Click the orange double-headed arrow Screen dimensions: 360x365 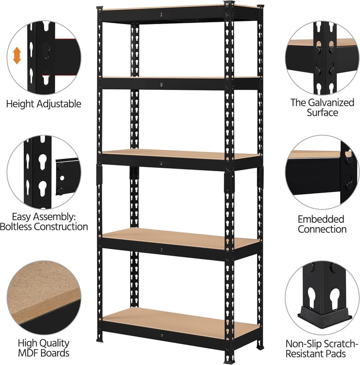tap(17, 55)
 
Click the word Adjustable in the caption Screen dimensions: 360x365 tap(59, 104)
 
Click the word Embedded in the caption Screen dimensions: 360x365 tap(321, 219)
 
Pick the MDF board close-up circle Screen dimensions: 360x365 tap(44, 297)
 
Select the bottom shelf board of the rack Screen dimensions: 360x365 tap(180, 323)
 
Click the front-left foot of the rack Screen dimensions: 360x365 tap(99, 340)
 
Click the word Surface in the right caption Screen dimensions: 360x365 tap(322, 113)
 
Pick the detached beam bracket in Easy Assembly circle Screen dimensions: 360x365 tap(67, 177)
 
